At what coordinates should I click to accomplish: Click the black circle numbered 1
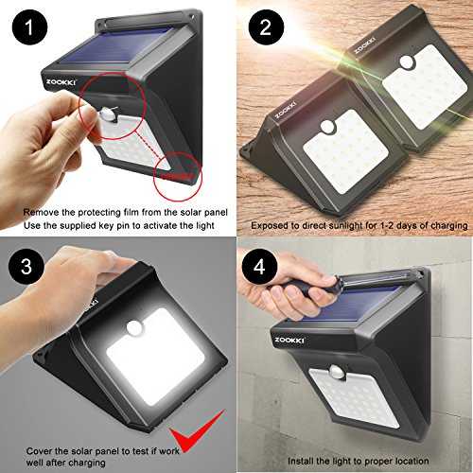(x=29, y=27)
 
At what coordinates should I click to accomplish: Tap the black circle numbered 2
(x=266, y=27)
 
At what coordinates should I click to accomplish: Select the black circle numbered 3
(x=26, y=267)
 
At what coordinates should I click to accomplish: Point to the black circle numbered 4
(x=259, y=267)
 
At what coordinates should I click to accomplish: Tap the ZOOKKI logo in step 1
(x=61, y=82)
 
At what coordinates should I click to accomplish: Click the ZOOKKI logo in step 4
(x=289, y=341)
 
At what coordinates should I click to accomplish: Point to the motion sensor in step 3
(x=135, y=328)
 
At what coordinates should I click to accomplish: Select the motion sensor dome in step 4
(x=338, y=372)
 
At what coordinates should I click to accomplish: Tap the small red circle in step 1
(x=178, y=176)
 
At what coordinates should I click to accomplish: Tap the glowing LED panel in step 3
(x=156, y=357)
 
